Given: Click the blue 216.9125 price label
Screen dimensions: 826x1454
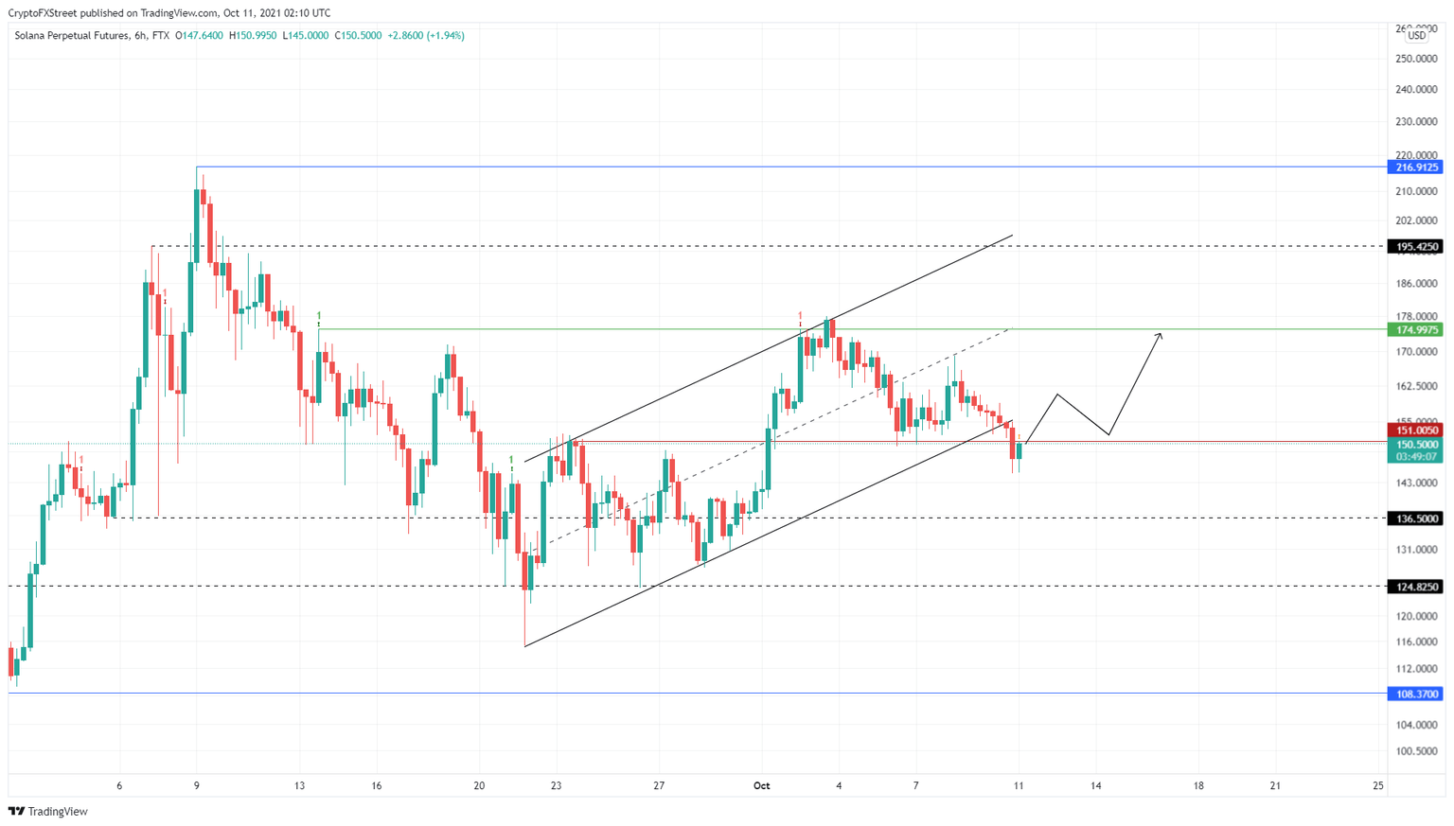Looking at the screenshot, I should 1415,167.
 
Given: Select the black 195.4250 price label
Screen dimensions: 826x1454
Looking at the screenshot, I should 1415,247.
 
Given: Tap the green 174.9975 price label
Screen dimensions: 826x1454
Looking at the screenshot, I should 1415,330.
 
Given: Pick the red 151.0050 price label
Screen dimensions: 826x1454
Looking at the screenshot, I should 1415,431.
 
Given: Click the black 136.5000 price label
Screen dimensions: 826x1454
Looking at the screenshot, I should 1415,518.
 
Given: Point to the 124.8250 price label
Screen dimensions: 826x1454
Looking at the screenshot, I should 1415,587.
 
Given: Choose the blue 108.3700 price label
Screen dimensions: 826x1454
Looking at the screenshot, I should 1415,694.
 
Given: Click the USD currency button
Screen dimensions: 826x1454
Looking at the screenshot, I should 1416,36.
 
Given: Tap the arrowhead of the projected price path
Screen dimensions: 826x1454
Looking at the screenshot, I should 1160,335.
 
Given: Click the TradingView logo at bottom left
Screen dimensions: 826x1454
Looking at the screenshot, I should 48,812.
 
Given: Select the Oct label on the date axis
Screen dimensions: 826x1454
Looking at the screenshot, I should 761,786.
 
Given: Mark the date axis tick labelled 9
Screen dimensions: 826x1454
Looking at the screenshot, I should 197,786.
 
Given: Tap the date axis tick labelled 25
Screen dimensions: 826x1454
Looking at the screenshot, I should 1378,786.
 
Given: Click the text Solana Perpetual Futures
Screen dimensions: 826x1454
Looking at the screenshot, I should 72,36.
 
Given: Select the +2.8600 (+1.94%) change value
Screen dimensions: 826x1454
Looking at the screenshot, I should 426,36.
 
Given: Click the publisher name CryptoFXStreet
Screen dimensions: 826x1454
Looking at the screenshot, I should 43,13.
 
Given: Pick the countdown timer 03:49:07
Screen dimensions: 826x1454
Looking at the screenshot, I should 1415,457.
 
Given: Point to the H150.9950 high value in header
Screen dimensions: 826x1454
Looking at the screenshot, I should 253,36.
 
